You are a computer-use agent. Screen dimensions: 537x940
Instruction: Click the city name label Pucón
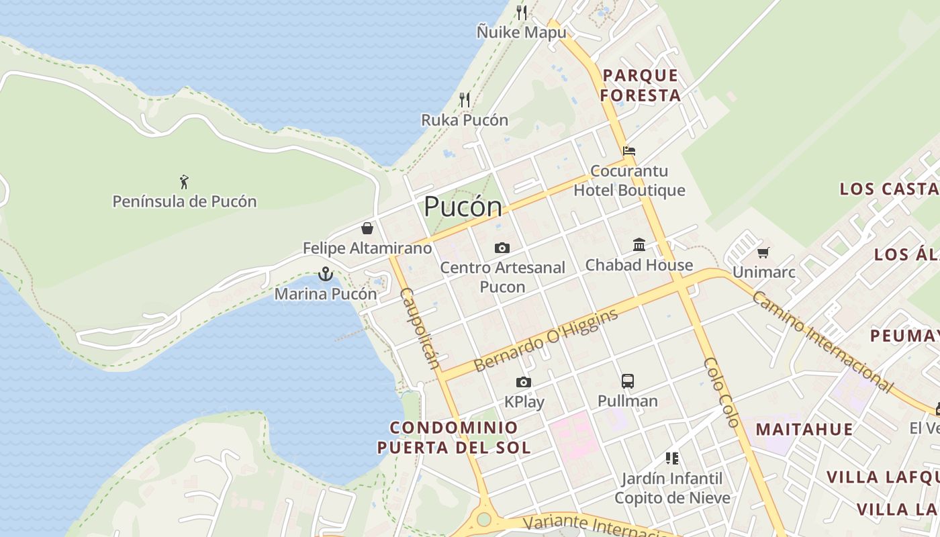[x=463, y=207]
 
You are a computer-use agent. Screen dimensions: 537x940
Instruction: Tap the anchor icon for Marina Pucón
[x=325, y=274]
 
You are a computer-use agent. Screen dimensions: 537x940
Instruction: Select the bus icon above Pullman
[x=628, y=381]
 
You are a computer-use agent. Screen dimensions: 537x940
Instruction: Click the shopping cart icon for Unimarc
[x=763, y=252]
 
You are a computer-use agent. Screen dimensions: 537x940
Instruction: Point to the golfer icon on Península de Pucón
[x=184, y=181]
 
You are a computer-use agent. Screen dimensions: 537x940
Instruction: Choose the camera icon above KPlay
[x=524, y=383]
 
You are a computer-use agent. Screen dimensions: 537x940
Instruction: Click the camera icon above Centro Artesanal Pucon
[x=502, y=248]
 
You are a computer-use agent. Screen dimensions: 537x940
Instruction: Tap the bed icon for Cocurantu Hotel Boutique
[x=628, y=150]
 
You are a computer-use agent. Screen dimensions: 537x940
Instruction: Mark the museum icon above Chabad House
[x=639, y=245]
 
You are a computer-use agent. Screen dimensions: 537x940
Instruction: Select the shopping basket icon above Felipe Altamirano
[x=367, y=228]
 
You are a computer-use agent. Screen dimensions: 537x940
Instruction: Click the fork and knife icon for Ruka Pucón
[x=465, y=100]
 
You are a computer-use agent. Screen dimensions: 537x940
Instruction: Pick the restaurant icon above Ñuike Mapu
[x=522, y=12]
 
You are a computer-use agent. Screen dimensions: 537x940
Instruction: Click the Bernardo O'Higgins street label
[x=546, y=340]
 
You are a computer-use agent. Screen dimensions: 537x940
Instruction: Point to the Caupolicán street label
[x=420, y=329]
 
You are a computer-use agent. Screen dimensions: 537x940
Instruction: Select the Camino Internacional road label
[x=822, y=342]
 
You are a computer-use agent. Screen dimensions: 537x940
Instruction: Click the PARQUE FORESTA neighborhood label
[x=641, y=85]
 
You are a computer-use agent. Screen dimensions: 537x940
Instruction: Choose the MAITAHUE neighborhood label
[x=804, y=429]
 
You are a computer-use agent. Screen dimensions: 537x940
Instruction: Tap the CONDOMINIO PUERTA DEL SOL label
[x=454, y=438]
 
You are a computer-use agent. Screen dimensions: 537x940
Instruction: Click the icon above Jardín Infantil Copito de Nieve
[x=672, y=458]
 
